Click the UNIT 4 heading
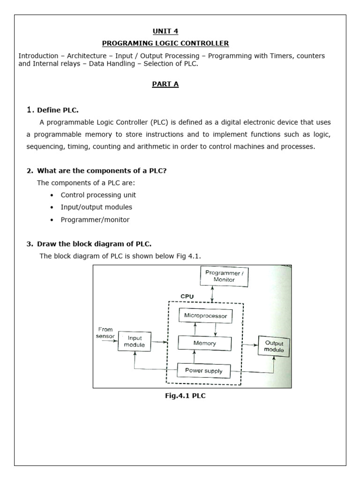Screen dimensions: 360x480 click(165, 31)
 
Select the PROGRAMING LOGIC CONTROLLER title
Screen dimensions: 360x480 click(165, 44)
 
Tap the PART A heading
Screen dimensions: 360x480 click(165, 84)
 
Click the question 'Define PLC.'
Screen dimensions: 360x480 click(58, 110)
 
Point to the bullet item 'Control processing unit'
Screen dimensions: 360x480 click(98, 195)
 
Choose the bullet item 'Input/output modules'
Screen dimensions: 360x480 click(97, 207)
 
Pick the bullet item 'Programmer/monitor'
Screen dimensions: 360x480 click(95, 219)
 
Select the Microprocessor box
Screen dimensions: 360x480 click(205, 316)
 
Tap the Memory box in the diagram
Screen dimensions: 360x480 click(205, 343)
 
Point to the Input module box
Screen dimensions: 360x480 click(134, 341)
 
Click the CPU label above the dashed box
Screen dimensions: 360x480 click(187, 297)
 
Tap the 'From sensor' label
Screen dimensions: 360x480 click(105, 333)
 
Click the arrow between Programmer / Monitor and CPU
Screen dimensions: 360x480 click(213, 294)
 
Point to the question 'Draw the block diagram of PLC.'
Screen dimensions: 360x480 click(94, 244)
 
